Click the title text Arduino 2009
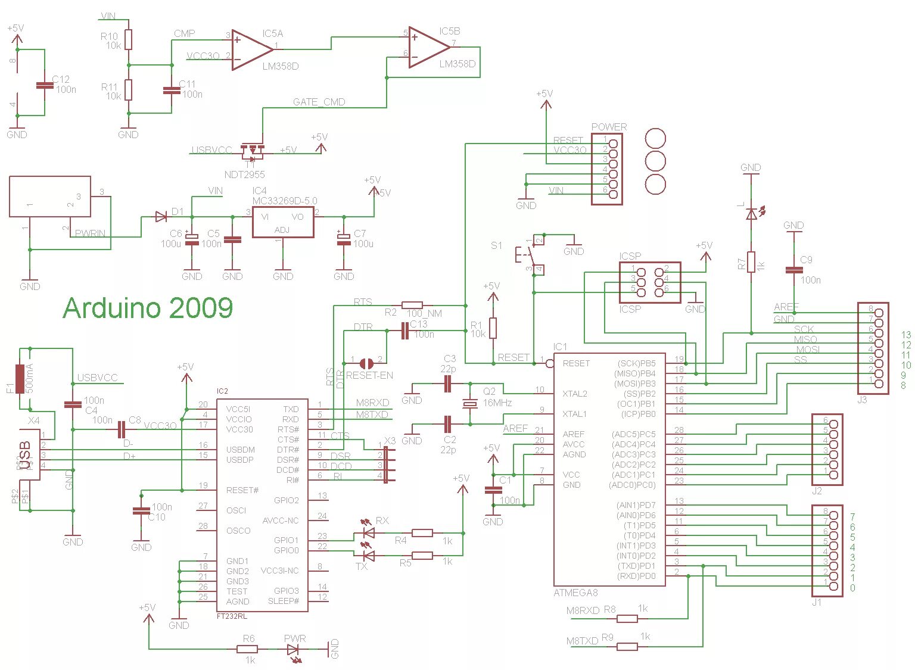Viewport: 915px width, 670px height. [x=148, y=308]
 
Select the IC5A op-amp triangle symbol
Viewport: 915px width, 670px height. [x=251, y=49]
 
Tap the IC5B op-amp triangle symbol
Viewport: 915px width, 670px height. [x=428, y=47]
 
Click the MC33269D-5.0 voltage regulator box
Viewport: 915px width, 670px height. [x=283, y=222]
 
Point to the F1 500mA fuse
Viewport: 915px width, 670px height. [x=20, y=379]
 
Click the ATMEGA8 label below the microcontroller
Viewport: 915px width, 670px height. [x=575, y=593]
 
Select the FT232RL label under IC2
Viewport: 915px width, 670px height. [x=232, y=616]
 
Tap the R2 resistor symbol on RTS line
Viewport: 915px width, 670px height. [x=412, y=305]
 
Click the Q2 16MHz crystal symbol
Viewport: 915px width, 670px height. [x=470, y=404]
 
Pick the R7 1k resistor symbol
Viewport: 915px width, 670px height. [x=752, y=262]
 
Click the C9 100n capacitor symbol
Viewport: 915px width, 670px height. [x=793, y=270]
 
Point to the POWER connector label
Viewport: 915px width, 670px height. [x=609, y=127]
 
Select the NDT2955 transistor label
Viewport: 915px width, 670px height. [x=244, y=174]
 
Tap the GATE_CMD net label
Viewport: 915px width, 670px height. [x=319, y=102]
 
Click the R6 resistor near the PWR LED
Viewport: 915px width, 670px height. [x=249, y=649]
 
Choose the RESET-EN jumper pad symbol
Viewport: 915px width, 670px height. [x=366, y=363]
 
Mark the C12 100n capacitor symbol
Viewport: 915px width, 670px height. [x=45, y=85]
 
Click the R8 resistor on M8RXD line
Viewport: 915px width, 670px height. [x=627, y=619]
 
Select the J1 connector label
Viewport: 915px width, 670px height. [x=817, y=602]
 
